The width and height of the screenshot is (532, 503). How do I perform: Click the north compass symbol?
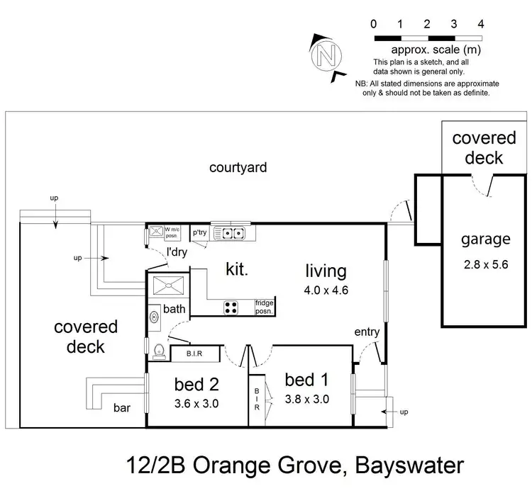tap(327, 54)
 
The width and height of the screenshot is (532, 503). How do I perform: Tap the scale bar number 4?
tap(481, 24)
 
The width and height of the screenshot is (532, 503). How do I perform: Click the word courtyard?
tap(238, 168)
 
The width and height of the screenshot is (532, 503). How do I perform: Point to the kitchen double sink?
tap(231, 232)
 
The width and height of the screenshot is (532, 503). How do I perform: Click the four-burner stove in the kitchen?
tap(231, 307)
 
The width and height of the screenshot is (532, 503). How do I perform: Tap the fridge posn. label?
tap(264, 307)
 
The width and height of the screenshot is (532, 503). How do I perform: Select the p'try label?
tap(199, 232)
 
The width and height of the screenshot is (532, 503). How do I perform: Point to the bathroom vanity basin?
tap(154, 318)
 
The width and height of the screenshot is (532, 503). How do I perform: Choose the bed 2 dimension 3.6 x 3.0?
tap(196, 405)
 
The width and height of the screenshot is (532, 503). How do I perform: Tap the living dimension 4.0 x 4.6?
tap(326, 289)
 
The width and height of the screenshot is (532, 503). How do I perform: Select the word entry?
tap(367, 332)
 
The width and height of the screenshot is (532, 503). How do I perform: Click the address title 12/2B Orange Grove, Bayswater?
tap(294, 465)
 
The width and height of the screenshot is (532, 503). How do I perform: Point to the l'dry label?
tap(177, 252)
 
